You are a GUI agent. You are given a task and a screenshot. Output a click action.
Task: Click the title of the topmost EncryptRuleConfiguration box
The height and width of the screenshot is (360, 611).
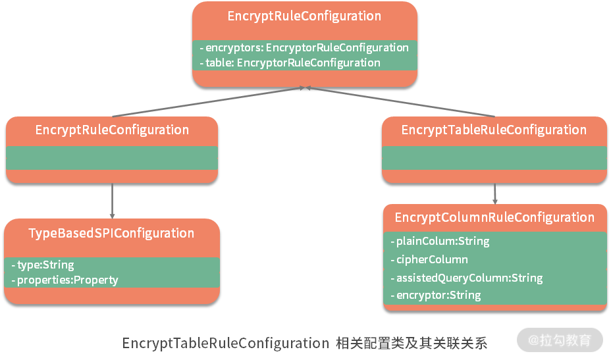click(304, 16)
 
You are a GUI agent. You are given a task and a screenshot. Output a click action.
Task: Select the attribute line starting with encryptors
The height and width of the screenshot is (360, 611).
click(304, 47)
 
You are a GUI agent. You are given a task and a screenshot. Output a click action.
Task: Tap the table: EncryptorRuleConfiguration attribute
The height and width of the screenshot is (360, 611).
click(290, 63)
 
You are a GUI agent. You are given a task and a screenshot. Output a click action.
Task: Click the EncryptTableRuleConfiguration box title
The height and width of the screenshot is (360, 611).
click(494, 130)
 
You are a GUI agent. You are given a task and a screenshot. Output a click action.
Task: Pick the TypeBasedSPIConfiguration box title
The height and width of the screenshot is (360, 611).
click(111, 233)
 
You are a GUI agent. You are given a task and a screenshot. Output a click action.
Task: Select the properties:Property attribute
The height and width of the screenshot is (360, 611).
click(65, 280)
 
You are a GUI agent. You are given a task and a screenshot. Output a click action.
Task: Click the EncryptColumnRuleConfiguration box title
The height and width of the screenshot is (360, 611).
click(494, 217)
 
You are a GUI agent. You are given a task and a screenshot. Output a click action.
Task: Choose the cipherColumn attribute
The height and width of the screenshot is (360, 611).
click(429, 259)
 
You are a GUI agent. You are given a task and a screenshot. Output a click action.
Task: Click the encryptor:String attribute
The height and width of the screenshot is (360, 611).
click(435, 295)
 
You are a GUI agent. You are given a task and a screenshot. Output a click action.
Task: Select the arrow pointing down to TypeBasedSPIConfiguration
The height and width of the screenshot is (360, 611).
click(112, 201)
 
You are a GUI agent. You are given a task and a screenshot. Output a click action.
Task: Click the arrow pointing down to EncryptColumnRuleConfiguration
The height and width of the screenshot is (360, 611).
click(495, 193)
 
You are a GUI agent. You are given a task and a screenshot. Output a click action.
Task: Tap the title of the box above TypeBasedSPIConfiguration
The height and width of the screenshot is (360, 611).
click(112, 130)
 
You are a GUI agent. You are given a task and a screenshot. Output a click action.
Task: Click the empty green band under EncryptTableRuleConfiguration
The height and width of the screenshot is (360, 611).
click(494, 157)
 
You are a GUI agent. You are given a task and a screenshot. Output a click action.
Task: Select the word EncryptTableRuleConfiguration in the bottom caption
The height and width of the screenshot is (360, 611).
click(225, 344)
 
